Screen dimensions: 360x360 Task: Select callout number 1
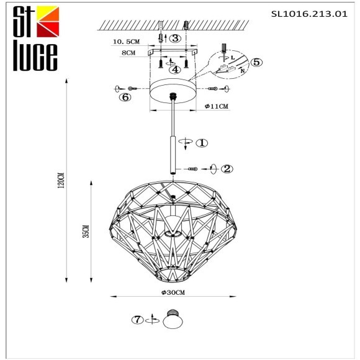[x=202, y=143]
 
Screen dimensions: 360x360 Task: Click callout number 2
[x=228, y=168]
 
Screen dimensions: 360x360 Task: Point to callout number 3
[x=176, y=38]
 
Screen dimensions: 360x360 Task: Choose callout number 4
[x=176, y=70]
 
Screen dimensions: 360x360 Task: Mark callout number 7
[x=137, y=320]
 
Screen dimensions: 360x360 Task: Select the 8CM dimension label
[x=128, y=53]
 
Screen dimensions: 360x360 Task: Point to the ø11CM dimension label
[x=217, y=107]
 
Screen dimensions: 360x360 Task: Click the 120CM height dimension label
[x=60, y=180]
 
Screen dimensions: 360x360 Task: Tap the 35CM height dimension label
[x=85, y=231]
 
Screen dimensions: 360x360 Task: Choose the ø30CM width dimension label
[x=173, y=292]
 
